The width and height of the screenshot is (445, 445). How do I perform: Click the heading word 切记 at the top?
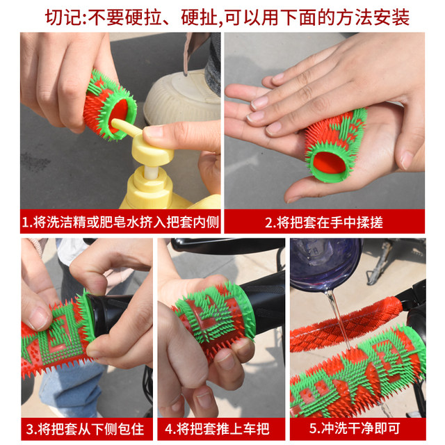63,17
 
